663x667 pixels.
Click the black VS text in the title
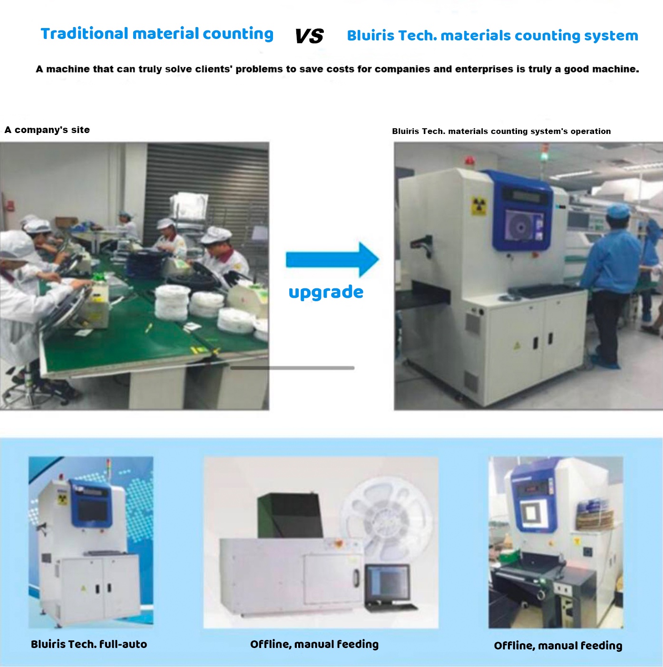coord(309,36)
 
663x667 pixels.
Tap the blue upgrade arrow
coord(332,259)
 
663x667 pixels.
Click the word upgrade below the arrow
coord(326,293)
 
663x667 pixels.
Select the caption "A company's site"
coord(47,130)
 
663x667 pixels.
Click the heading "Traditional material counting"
coord(157,34)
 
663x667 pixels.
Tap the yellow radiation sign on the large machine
coord(478,206)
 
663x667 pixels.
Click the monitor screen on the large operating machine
coord(524,227)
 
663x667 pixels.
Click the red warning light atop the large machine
coord(469,160)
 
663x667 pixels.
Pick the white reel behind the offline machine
coord(387,516)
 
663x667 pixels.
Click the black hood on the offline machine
coord(289,515)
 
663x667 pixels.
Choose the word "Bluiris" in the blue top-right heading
coord(370,36)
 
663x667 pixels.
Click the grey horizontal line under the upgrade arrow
coord(292,368)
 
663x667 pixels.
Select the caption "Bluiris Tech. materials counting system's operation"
coord(501,131)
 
